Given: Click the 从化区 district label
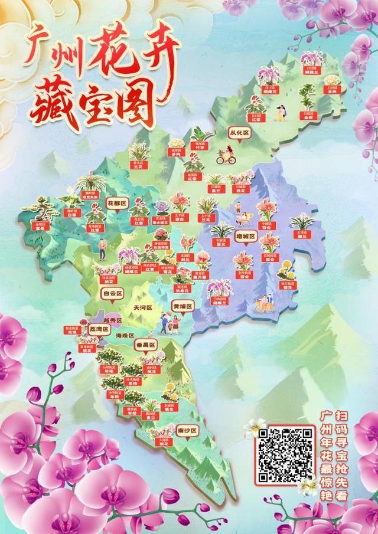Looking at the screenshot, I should point(240,134).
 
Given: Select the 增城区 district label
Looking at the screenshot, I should point(245,237).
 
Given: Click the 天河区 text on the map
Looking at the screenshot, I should point(142,308).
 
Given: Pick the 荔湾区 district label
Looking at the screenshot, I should point(99,329).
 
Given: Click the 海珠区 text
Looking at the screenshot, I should point(126,335).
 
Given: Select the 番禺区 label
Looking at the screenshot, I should point(145,344).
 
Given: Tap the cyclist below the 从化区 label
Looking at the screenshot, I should point(226,156).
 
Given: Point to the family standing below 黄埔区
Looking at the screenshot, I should point(170,322).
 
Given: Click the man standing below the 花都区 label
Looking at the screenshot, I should point(102,248).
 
